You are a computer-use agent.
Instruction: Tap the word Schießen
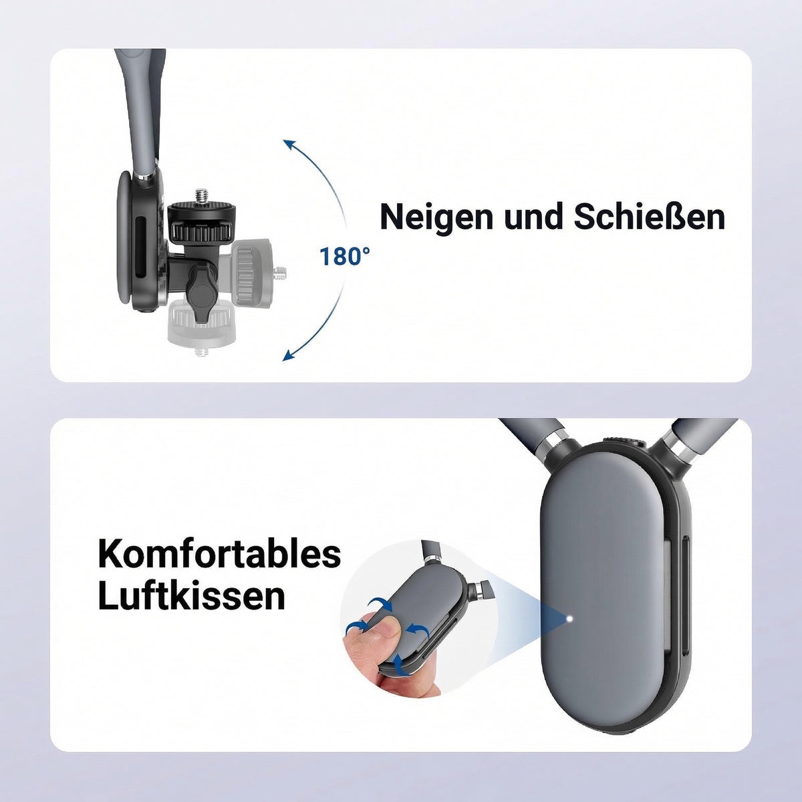(x=649, y=217)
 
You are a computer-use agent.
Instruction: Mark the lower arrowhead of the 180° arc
(x=289, y=355)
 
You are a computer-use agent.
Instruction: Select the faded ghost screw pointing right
(x=281, y=273)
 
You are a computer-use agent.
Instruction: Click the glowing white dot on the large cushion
(x=569, y=619)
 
